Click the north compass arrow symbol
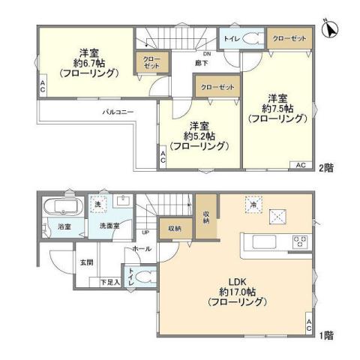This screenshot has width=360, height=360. point(326,28)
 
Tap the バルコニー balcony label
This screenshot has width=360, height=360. point(118,112)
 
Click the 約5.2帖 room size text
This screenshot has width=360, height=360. point(198,136)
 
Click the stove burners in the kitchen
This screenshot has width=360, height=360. point(300,241)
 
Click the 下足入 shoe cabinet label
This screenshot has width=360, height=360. point(110,282)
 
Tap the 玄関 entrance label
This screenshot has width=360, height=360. point(87,262)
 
